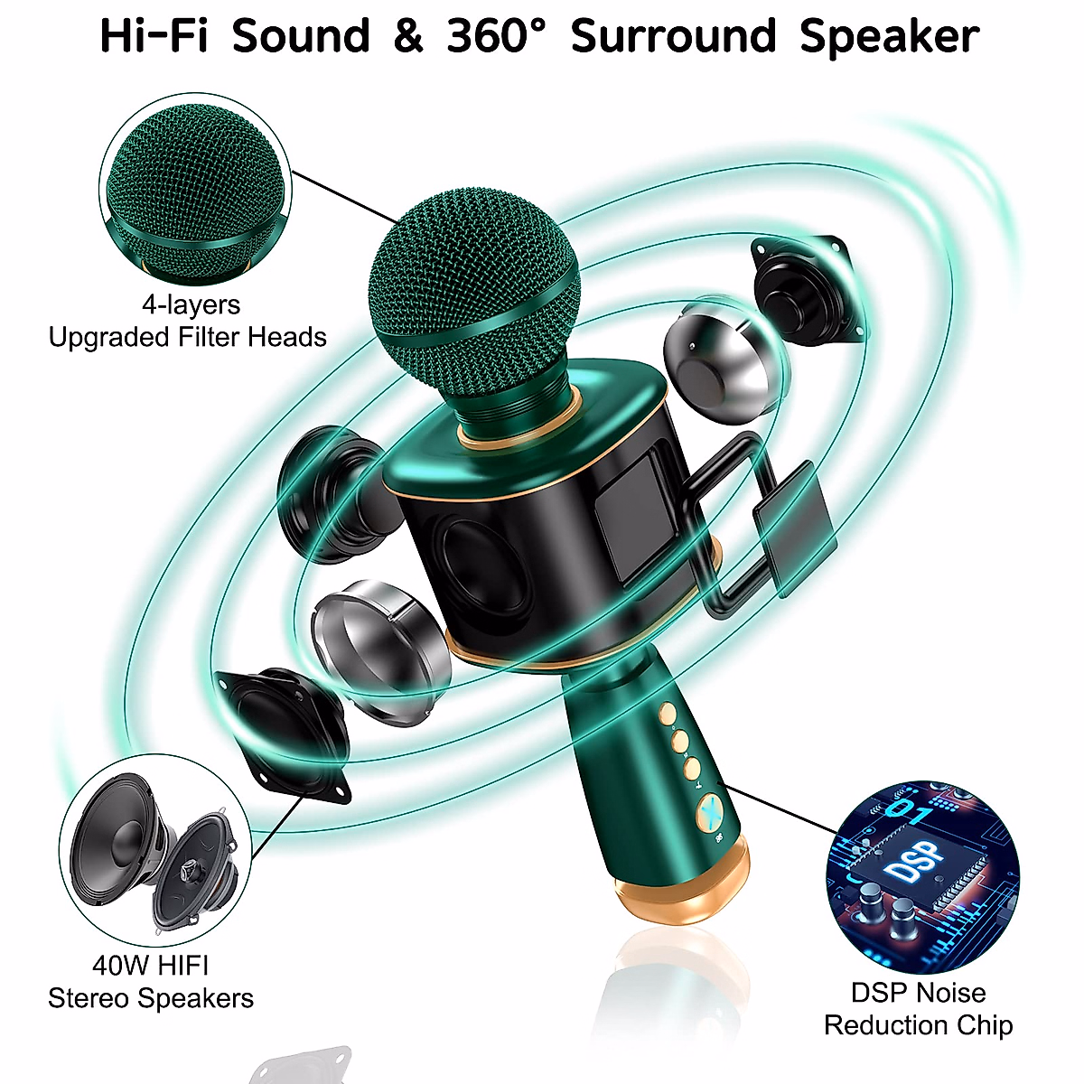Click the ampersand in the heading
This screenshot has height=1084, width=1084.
pos(408,37)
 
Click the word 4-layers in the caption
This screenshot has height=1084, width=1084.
pos(191,304)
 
